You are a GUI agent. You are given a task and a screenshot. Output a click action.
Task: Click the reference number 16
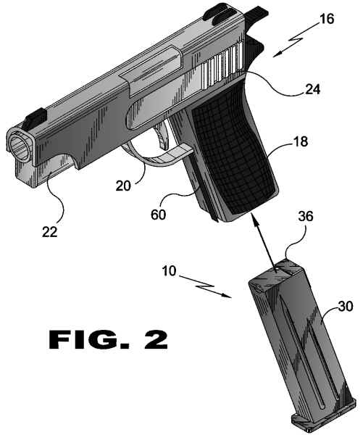point(327,19)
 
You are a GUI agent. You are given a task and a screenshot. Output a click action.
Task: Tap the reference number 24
point(312,89)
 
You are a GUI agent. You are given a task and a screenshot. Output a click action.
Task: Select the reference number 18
point(301,141)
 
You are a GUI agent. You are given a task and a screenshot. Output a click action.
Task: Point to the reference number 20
point(123,186)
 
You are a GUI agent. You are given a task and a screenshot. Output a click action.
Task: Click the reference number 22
point(50,232)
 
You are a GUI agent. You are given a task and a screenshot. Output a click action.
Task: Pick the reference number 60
point(159,215)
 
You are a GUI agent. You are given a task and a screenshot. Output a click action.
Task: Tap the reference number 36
point(306,216)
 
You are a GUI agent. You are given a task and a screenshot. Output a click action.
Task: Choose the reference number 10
point(169,270)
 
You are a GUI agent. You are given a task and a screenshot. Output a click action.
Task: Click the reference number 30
point(346,306)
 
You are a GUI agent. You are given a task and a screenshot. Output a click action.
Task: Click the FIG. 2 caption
point(108,339)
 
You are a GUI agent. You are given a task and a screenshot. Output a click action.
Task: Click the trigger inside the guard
point(163,137)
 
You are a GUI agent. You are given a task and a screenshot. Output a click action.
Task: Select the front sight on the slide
point(36,120)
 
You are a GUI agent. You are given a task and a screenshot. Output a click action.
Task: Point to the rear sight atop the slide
point(219,13)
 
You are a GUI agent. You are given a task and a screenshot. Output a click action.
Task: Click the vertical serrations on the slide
point(222,65)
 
